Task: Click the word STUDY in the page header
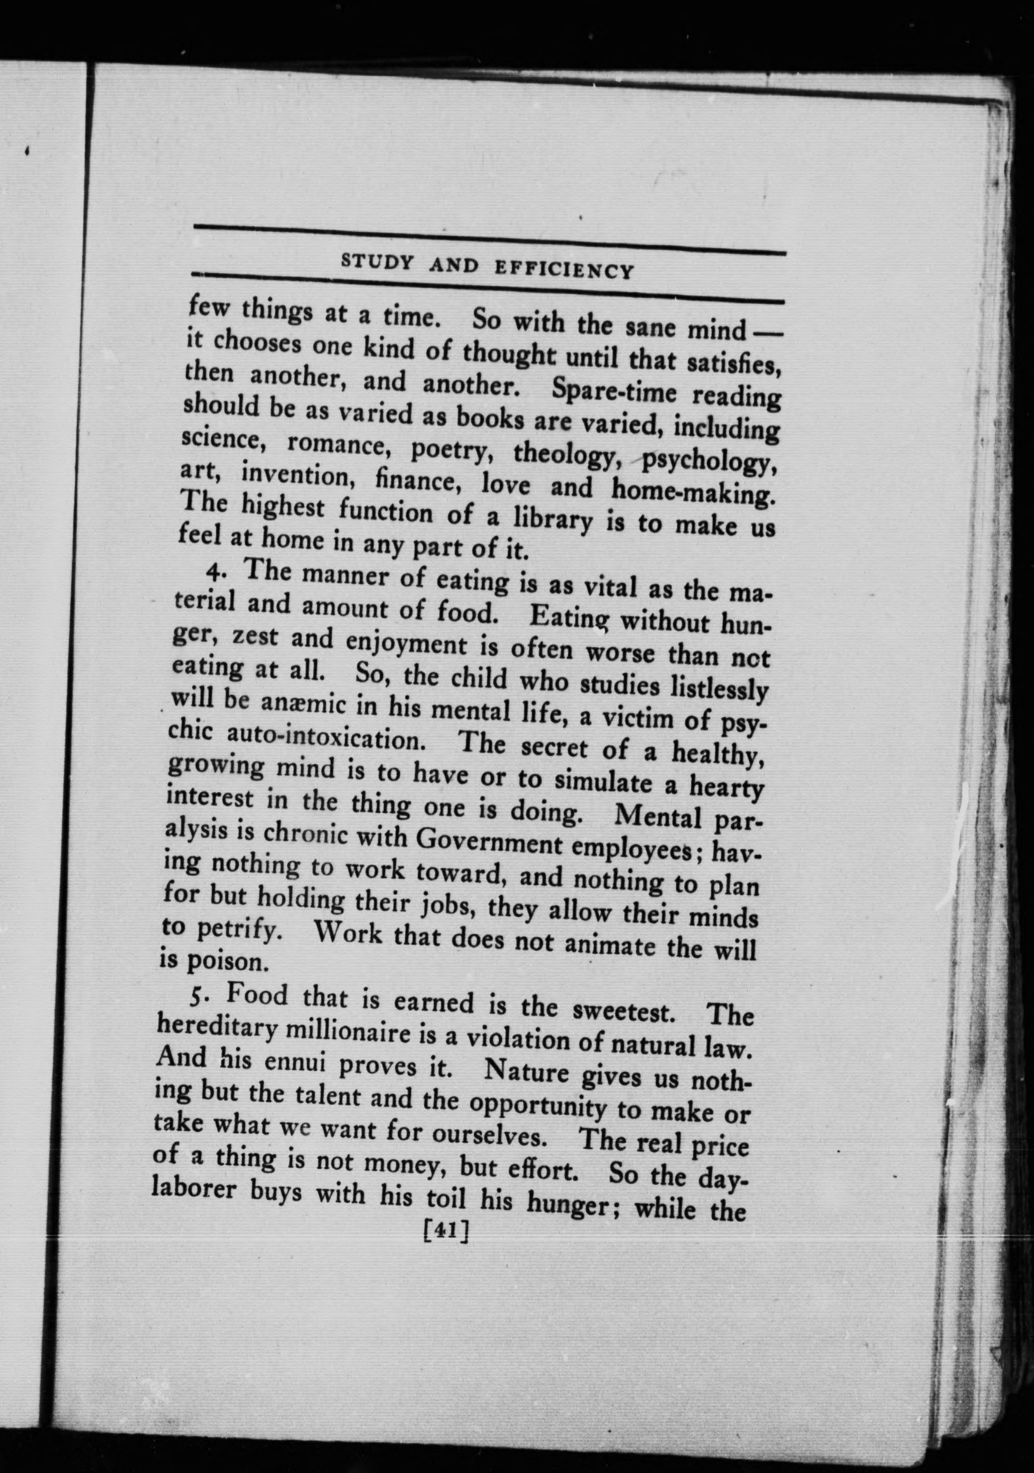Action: [x=376, y=262]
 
